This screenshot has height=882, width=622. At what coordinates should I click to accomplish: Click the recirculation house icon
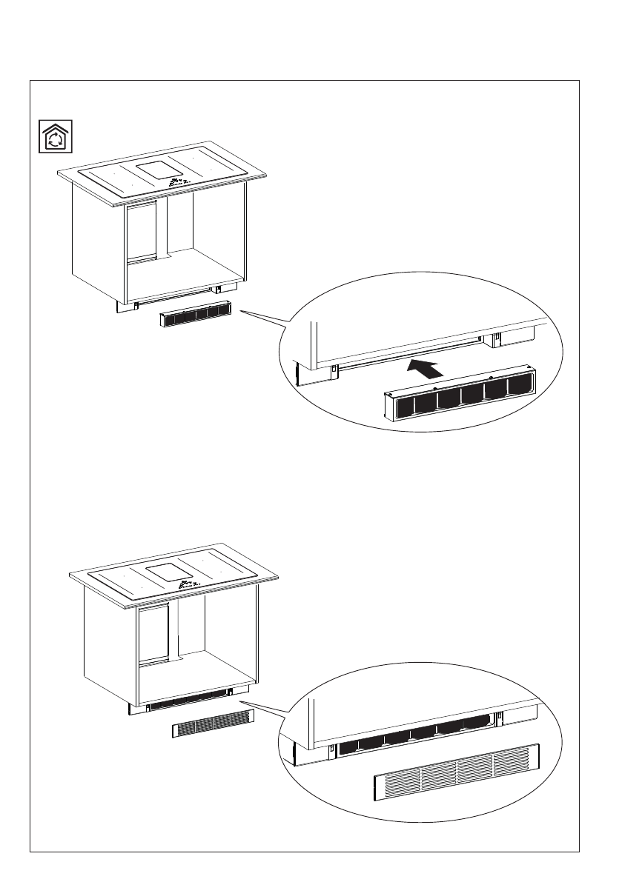click(55, 136)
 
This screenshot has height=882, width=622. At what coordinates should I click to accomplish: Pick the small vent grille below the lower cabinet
click(213, 724)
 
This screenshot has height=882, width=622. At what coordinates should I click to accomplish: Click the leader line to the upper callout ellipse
click(263, 318)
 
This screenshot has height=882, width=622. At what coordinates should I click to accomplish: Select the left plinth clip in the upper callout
click(334, 368)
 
